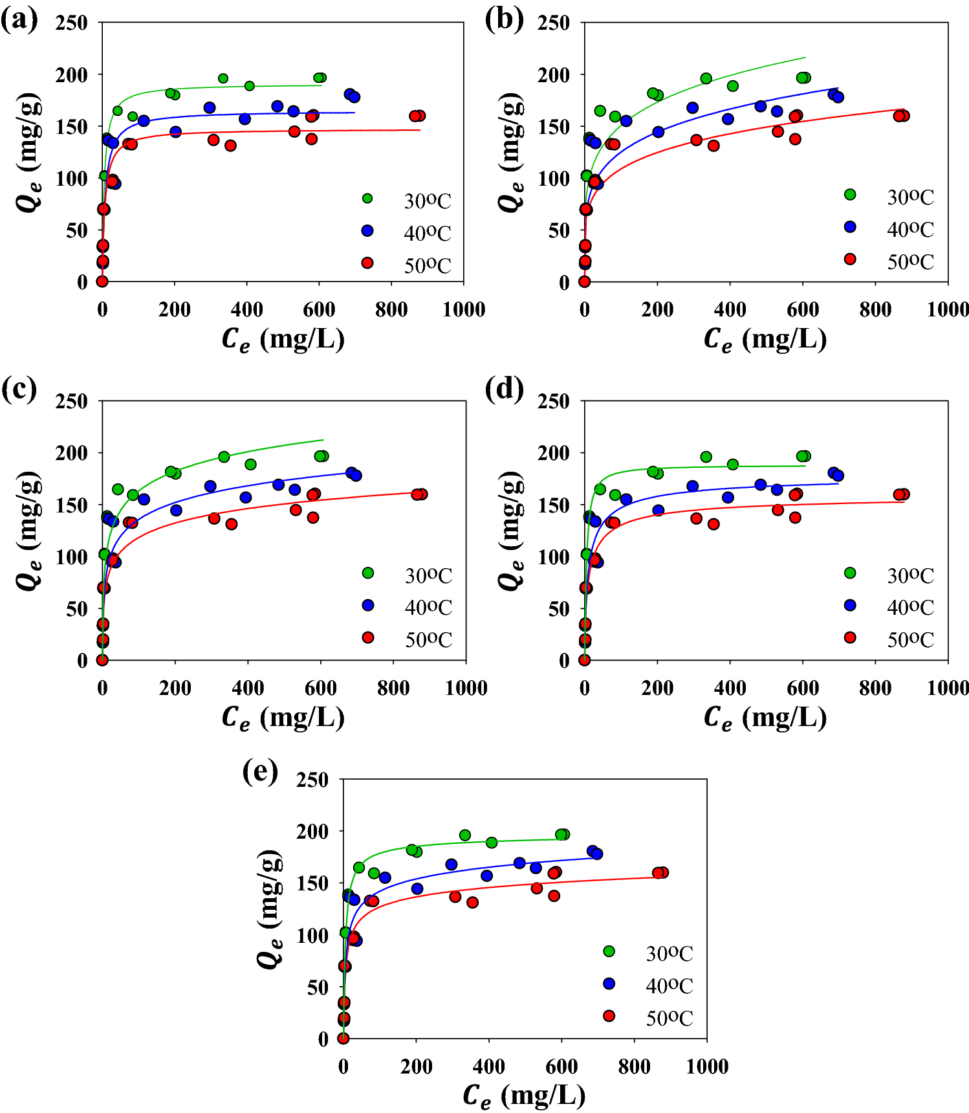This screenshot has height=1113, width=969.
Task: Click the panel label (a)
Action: coord(19,21)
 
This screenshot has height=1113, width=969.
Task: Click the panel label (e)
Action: coord(260,771)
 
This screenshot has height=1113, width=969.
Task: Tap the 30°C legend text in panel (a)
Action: coord(427,201)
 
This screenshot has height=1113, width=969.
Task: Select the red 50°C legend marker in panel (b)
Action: coord(850,259)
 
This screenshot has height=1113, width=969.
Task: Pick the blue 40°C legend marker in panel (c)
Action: coord(368,605)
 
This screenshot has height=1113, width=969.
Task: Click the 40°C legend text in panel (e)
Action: coord(669,986)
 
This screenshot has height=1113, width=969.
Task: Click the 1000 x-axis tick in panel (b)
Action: coord(948,309)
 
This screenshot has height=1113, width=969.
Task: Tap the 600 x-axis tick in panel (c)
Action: coord(320,688)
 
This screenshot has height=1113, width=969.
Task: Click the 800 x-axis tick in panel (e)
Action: coord(634,1066)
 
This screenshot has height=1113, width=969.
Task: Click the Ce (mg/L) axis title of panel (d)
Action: coord(765,718)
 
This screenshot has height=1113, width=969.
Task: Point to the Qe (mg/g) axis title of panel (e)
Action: coord(270,909)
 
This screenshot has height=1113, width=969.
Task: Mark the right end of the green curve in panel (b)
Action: coord(805,58)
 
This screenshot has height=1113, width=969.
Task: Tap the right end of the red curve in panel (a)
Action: coord(420,130)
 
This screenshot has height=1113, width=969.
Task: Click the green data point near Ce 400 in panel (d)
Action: coord(732,465)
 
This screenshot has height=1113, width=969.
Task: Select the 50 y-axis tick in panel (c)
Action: coord(76,609)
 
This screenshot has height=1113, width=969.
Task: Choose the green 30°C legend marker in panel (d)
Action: coord(850,573)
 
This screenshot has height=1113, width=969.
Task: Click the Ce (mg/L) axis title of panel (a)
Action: coord(283,339)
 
